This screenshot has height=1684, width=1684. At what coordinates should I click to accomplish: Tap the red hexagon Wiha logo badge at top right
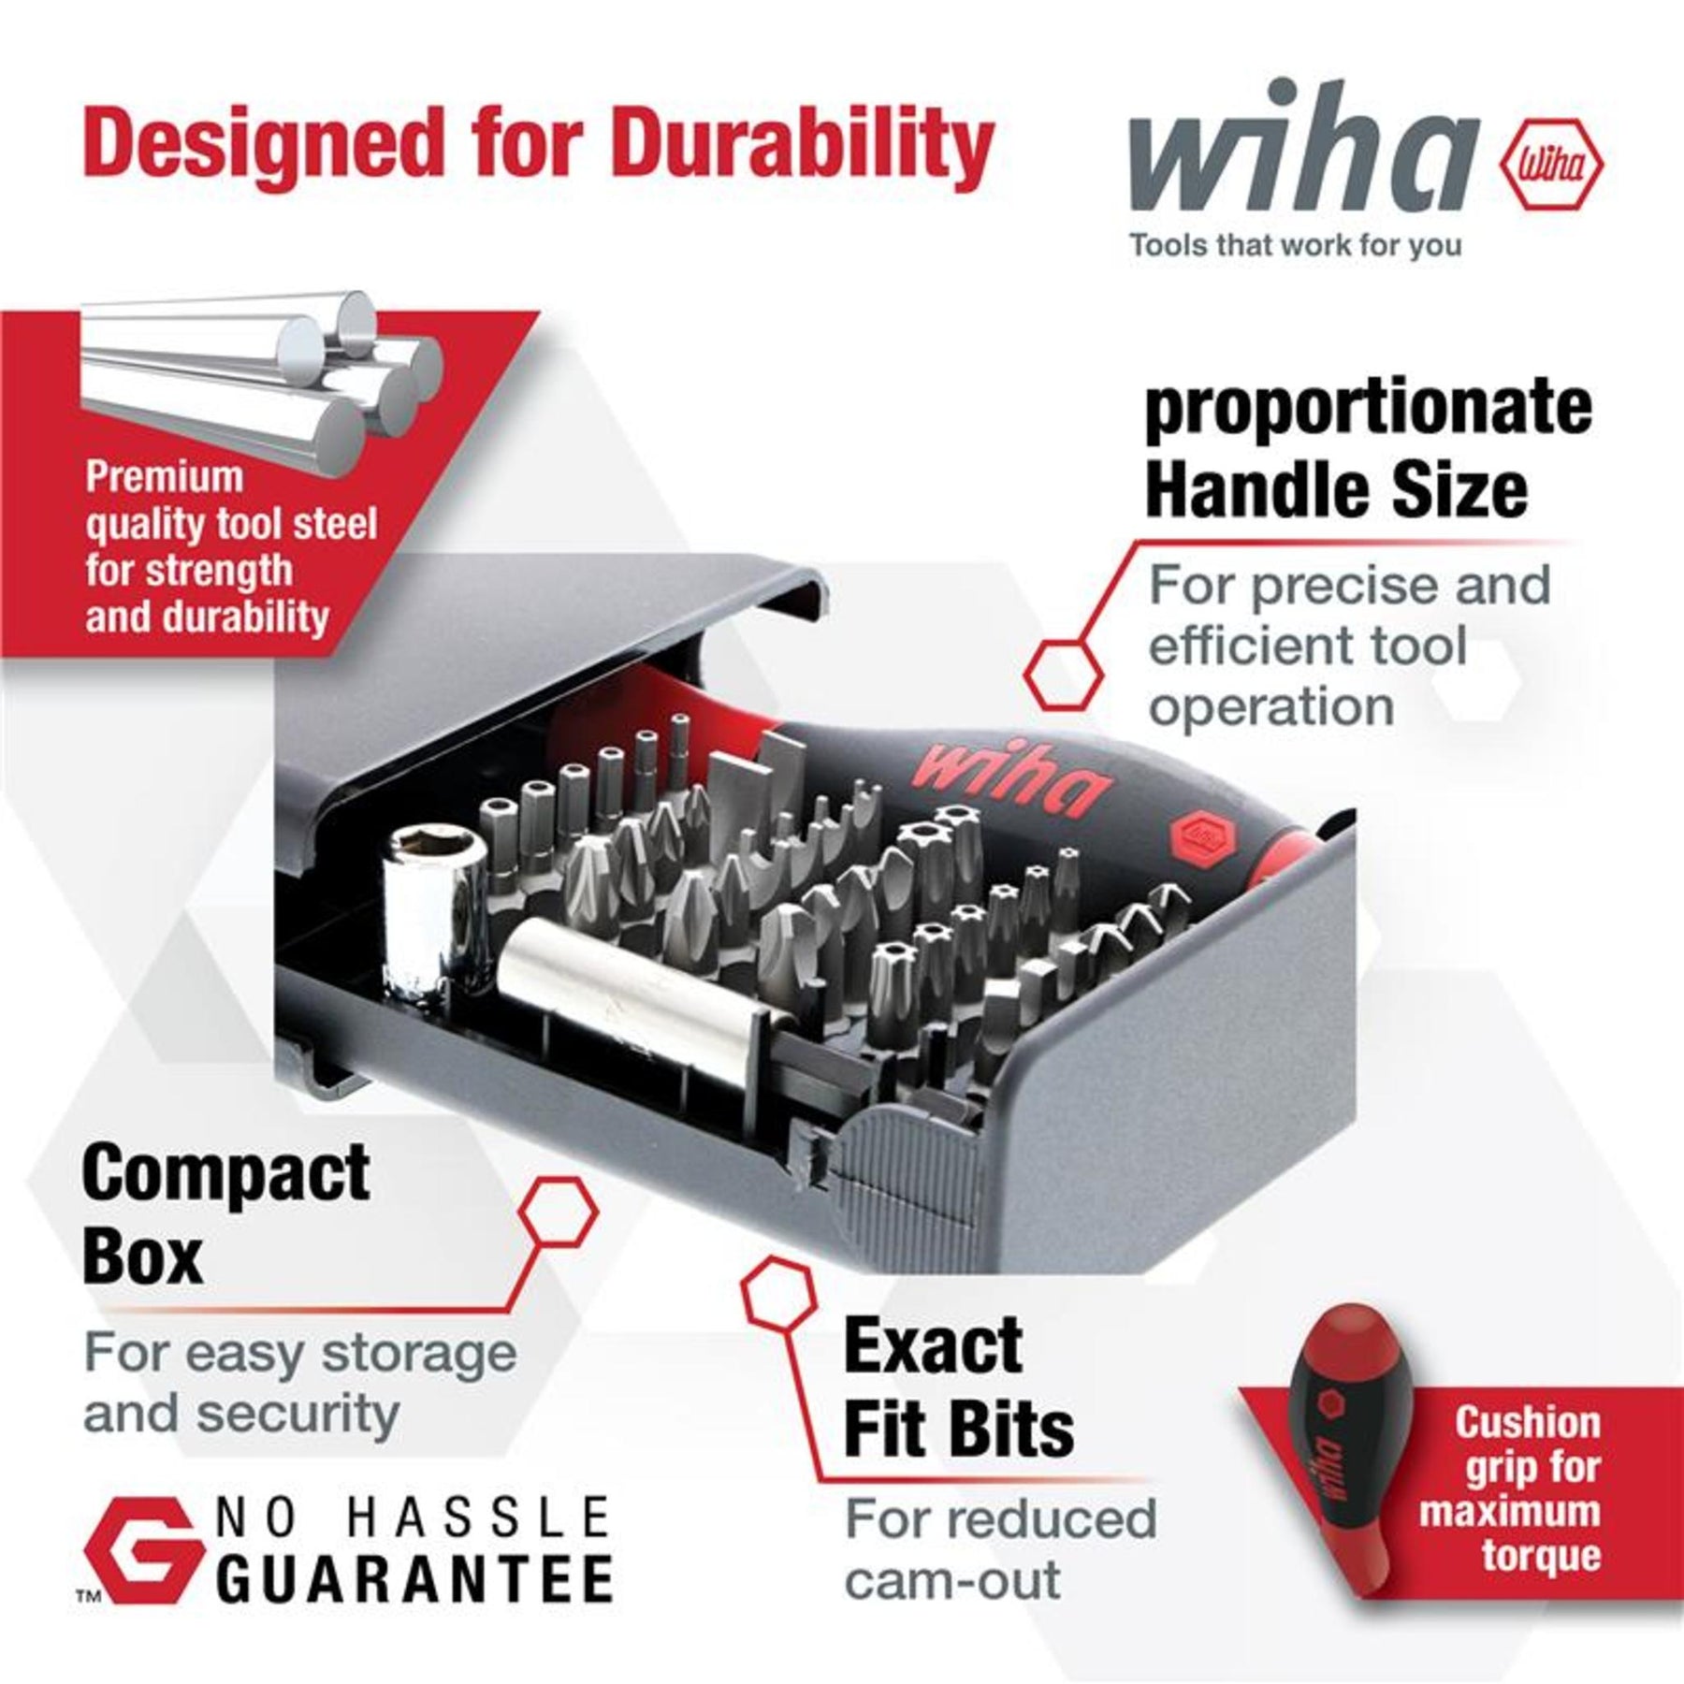coord(1551,166)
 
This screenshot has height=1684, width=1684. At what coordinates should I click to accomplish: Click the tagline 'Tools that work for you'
coord(1296,246)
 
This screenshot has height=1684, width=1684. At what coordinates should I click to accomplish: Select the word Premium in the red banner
coord(165,477)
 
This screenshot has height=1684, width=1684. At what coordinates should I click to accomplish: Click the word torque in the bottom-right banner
coord(1541,1555)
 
